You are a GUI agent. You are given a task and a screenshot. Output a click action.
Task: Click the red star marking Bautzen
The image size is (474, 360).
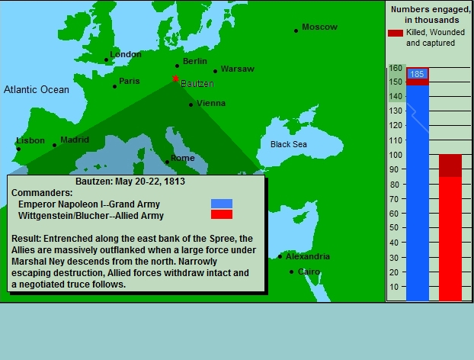point(175,79)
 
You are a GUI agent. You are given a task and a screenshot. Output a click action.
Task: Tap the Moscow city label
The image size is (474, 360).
point(319,27)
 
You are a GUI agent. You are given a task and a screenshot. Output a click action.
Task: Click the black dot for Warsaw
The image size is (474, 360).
point(215,72)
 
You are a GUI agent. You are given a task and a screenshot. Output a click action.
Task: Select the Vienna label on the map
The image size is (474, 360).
point(211,103)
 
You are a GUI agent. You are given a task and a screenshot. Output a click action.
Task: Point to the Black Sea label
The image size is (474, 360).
point(289,144)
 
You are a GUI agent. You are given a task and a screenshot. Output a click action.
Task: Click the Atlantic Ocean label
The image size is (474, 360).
point(37,89)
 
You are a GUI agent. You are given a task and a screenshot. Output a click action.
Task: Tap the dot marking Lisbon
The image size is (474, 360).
point(18,149)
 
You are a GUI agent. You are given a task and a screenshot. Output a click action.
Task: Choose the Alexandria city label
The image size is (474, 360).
point(308,256)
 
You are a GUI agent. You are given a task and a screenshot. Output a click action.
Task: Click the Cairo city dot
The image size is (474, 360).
point(291,272)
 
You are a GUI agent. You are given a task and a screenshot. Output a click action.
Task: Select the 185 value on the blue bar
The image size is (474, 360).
point(417,74)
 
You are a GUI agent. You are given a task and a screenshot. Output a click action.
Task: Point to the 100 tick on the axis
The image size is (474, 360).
point(396,155)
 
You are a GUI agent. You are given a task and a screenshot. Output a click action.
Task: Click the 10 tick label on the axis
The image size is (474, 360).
point(394,287)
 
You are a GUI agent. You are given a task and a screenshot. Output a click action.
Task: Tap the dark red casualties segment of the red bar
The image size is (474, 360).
point(450,166)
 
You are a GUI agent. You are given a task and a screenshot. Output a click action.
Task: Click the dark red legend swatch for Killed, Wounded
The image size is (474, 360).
point(396,33)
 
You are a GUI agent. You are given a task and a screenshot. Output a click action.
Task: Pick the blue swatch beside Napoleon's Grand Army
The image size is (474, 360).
point(222,204)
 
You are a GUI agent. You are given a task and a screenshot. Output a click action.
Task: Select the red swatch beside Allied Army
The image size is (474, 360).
point(222,214)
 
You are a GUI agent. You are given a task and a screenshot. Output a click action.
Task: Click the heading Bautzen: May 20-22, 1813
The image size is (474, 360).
point(130,182)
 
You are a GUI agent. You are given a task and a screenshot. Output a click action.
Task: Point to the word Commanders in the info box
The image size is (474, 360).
point(42,193)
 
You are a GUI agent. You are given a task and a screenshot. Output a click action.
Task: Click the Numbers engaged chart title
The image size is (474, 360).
point(431,14)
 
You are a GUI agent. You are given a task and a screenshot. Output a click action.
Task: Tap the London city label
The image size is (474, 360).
point(126,54)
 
